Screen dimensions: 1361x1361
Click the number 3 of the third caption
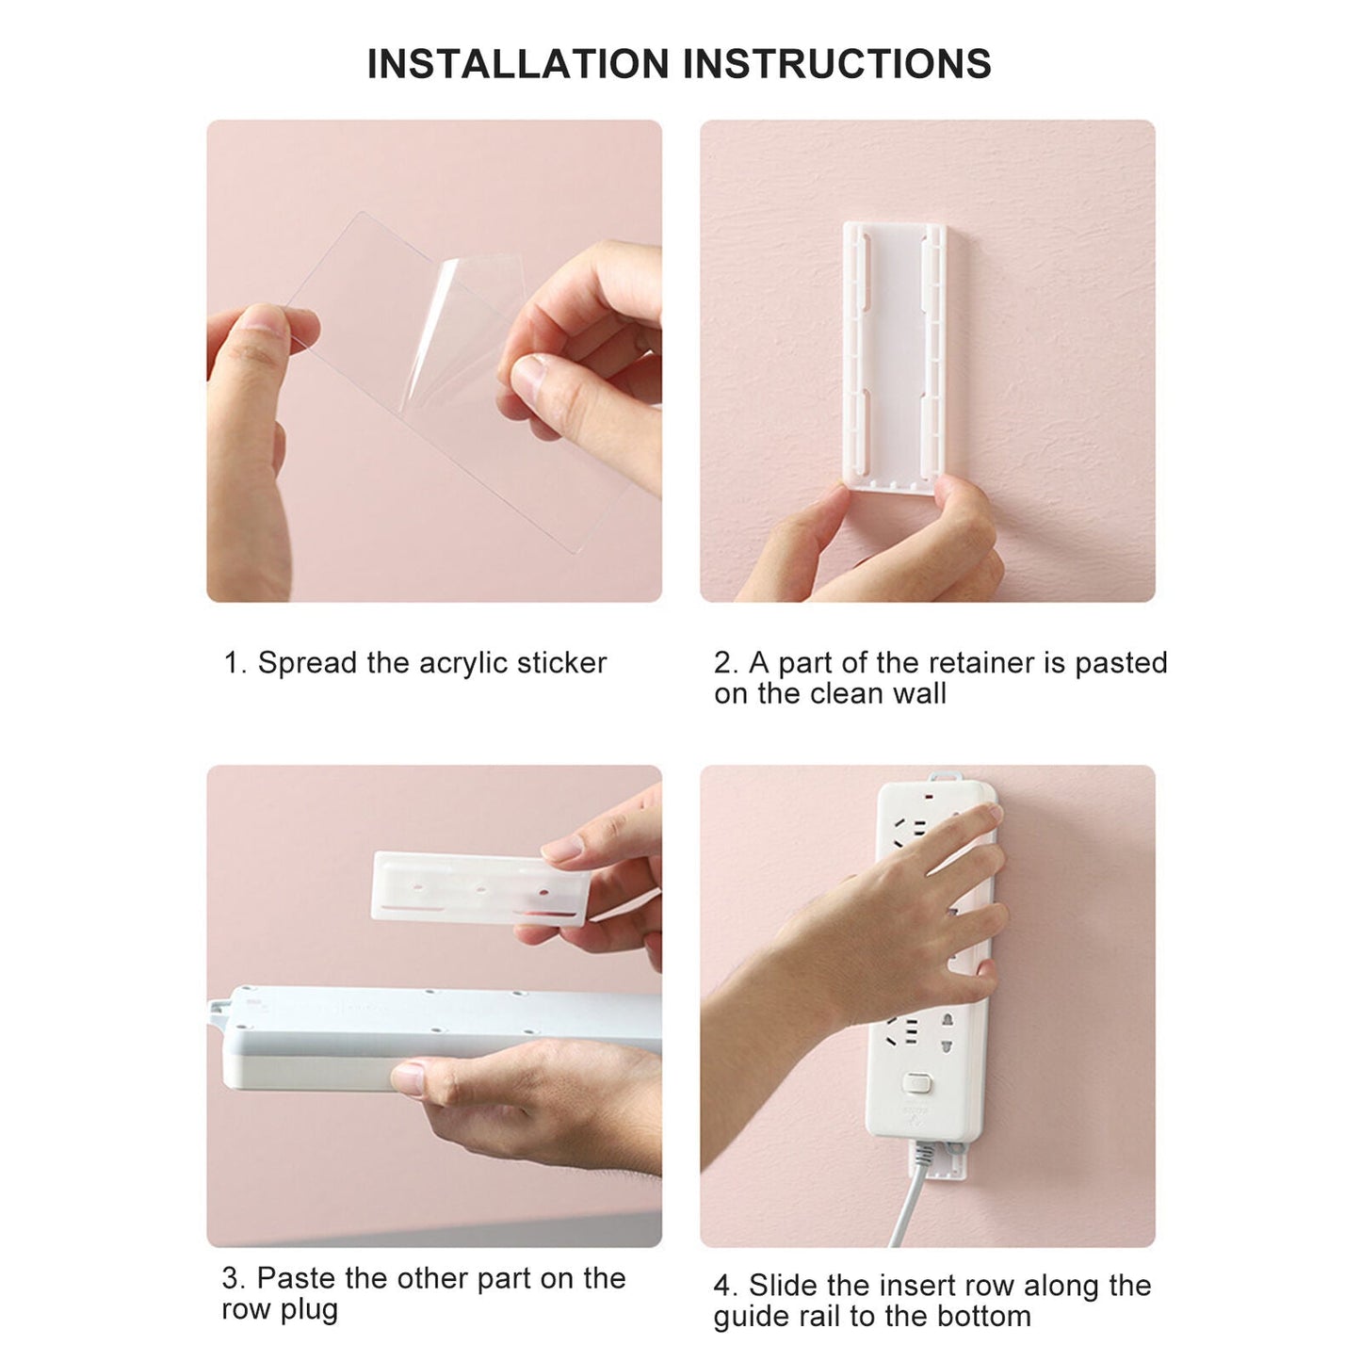230,1278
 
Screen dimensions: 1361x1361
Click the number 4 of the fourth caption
721,1286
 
